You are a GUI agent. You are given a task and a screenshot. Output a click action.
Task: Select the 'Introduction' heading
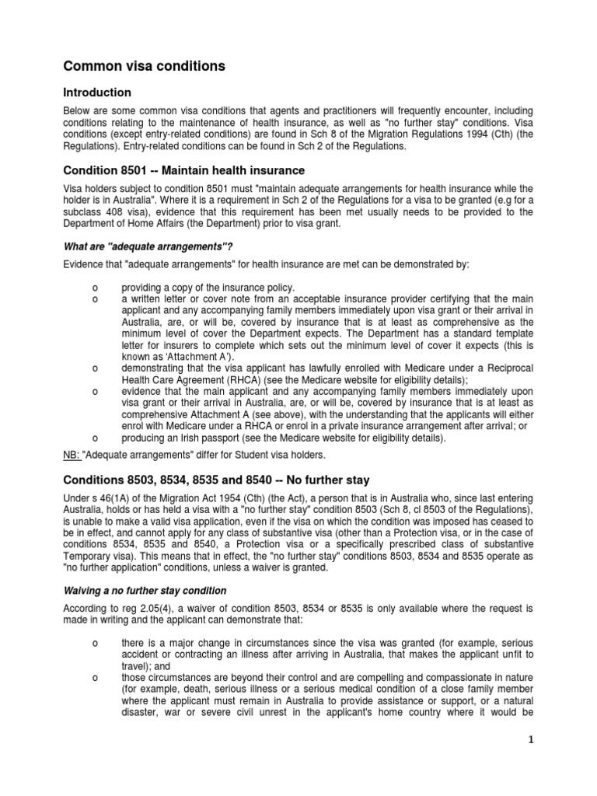(97, 93)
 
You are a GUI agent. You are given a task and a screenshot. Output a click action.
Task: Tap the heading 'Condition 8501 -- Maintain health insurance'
(183, 170)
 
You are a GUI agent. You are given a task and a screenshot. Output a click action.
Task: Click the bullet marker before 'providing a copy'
(94, 287)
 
